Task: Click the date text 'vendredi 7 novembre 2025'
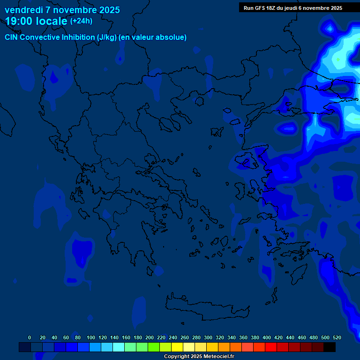pos(62,10)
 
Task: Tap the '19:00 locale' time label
pos(36,21)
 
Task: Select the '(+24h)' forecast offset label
pos(81,21)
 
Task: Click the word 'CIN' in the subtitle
pos(11,37)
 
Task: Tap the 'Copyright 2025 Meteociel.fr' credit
pos(199,357)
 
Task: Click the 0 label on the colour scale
pos(30,337)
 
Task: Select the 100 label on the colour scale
pos(91,337)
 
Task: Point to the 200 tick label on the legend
pos(150,337)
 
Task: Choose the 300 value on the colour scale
pos(208,337)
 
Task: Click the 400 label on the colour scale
pos(267,337)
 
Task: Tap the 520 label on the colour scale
pos(337,337)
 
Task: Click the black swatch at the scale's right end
pos(330,347)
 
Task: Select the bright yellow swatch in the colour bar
pos(177,347)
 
